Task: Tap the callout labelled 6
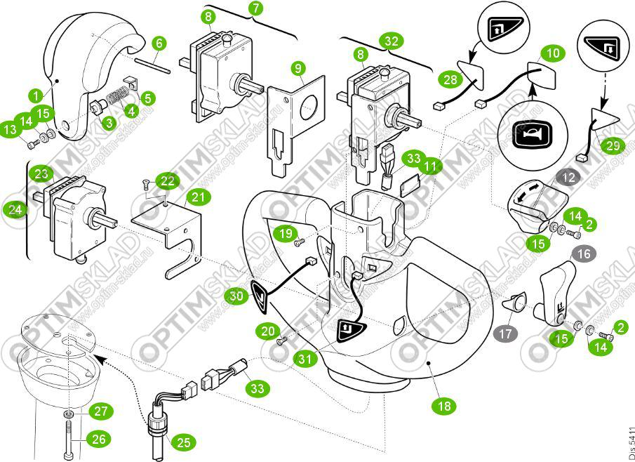(x=159, y=44)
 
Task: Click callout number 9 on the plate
(x=300, y=69)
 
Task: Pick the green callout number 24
(x=14, y=209)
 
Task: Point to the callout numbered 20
(x=269, y=330)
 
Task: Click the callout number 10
(x=554, y=53)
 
